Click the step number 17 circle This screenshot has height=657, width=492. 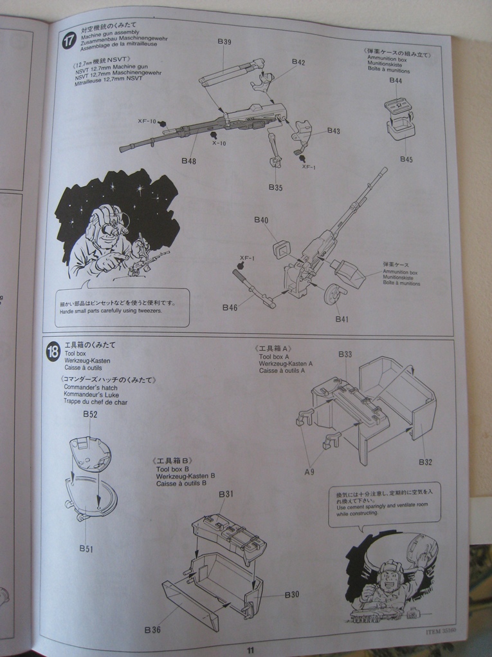pos(69,41)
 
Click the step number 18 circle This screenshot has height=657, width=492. pos(53,352)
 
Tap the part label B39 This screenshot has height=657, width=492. pos(224,42)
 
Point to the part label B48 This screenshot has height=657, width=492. pos(188,160)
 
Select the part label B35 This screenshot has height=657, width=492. pos(275,187)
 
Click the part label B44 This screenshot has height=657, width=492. pos(396,81)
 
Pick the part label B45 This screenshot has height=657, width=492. pos(406,159)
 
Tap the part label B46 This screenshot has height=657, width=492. pos(230,308)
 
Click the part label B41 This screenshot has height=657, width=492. pos(342,319)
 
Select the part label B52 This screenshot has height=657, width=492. pos(90,414)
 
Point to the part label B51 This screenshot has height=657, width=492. pos(87,548)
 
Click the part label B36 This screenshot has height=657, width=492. pos(152,629)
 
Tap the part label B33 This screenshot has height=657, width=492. pos(345,354)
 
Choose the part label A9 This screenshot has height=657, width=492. pos(309,472)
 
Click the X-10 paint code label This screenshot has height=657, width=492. pos(219,143)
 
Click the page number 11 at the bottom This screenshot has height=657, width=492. pos(250,650)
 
